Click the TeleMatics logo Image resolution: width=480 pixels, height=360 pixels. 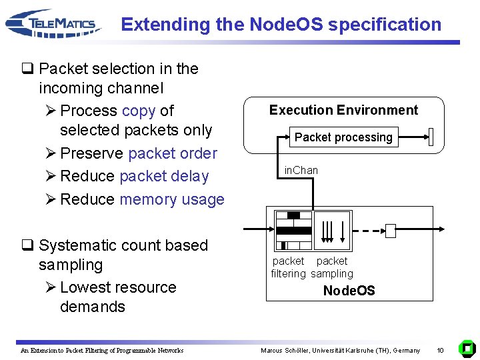(x=53, y=23)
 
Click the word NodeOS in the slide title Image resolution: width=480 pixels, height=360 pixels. (x=286, y=24)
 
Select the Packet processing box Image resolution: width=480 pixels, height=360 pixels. (x=344, y=137)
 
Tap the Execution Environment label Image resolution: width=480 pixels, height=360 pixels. (x=343, y=110)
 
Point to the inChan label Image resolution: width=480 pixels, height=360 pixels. (x=301, y=170)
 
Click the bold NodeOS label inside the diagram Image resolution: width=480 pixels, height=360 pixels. (x=349, y=290)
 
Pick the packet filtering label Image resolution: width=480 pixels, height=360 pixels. (x=289, y=267)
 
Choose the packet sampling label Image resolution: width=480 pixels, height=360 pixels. (x=332, y=267)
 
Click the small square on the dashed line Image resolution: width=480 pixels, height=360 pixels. (x=391, y=231)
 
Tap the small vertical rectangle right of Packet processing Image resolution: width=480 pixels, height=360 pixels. (x=431, y=137)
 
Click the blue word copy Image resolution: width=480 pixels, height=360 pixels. (x=139, y=111)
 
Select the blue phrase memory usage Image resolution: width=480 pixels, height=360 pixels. (x=172, y=199)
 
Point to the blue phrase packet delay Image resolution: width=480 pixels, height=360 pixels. (x=164, y=177)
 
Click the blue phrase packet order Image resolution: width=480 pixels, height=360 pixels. (x=173, y=153)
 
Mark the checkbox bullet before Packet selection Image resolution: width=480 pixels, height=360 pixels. (x=27, y=68)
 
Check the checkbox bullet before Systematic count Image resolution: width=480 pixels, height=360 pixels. (x=27, y=245)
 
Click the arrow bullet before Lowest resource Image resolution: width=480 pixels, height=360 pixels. (x=51, y=287)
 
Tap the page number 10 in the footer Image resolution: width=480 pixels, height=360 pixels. (x=440, y=350)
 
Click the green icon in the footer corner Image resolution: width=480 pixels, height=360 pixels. (x=467, y=349)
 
